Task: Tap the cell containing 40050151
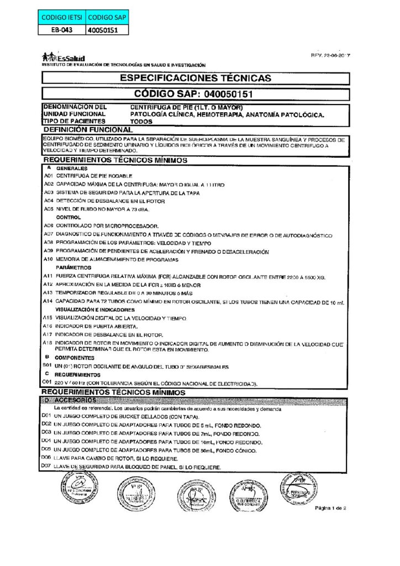click(x=106, y=31)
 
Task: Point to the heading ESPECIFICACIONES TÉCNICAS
click(x=196, y=78)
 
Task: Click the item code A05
click(x=48, y=209)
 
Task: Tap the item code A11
click(x=48, y=275)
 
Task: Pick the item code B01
click(x=48, y=366)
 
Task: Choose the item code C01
click(x=48, y=382)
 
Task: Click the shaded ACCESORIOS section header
click(x=76, y=400)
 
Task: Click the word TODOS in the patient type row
click(x=139, y=120)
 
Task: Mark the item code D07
click(x=47, y=467)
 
